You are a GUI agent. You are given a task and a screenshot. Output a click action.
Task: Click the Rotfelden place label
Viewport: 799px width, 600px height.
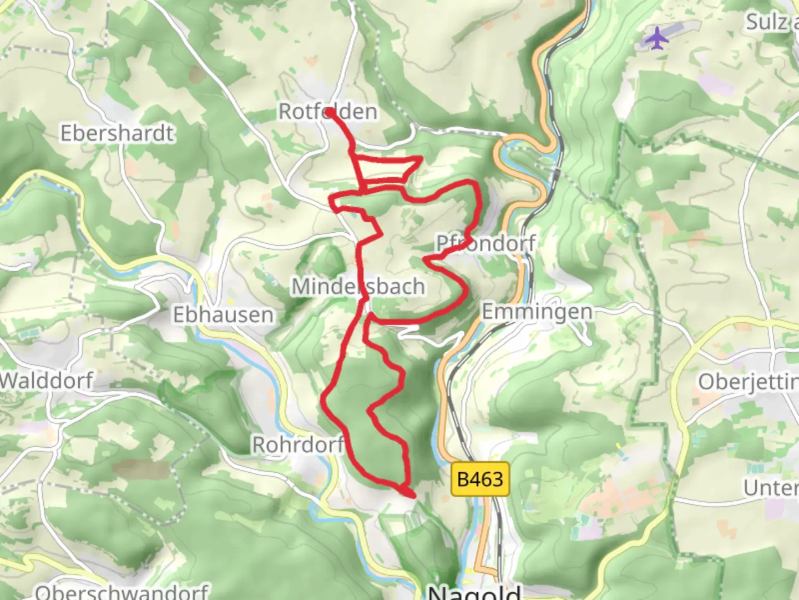(327, 111)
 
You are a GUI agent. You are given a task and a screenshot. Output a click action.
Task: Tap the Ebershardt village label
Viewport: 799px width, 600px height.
(117, 133)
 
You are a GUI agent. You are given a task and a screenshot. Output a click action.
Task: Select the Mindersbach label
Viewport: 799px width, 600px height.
(358, 287)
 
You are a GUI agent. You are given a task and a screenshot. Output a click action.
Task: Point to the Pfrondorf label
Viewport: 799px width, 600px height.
(486, 243)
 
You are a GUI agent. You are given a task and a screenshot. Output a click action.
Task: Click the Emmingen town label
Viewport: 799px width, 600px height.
(537, 312)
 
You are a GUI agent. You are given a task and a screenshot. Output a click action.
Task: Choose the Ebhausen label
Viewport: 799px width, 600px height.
(223, 315)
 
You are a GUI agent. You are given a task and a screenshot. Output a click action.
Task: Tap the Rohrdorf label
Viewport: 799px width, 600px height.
(298, 444)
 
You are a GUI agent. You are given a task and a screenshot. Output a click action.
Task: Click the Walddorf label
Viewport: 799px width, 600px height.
(47, 381)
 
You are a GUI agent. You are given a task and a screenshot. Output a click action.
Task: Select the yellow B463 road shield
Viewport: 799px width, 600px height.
(480, 478)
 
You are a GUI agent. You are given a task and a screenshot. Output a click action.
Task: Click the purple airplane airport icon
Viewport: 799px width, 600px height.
(658, 38)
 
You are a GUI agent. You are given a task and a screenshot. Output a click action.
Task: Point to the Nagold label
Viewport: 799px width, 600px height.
(474, 591)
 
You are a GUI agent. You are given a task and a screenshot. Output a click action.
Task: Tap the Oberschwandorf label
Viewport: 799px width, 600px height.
(122, 591)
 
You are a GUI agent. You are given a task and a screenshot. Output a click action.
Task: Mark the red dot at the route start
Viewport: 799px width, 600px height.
(330, 112)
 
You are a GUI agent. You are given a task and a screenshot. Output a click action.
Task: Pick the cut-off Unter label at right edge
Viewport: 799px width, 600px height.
(770, 488)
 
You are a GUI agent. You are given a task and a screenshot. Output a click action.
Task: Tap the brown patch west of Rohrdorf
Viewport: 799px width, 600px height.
(140, 468)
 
